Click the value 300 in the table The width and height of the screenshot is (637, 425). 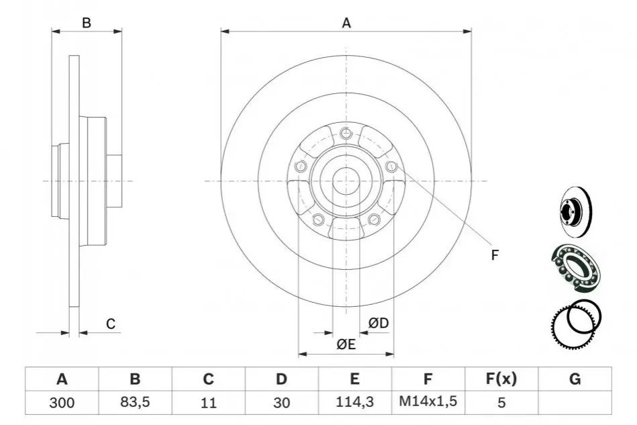click(62, 403)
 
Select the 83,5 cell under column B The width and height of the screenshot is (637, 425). click(135, 402)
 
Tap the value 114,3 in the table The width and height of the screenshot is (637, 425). click(354, 402)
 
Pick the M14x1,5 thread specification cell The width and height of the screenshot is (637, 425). click(428, 402)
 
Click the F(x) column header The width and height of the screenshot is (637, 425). click(501, 379)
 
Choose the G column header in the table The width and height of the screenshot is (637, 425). click(575, 379)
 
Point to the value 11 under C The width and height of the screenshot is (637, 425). click(208, 403)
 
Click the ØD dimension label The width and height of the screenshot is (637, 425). click(378, 323)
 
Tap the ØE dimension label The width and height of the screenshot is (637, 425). click(346, 344)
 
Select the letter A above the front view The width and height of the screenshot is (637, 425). click(346, 23)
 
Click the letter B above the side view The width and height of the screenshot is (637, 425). click(86, 23)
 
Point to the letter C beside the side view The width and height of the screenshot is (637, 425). click(111, 324)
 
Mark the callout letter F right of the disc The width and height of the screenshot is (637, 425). click(495, 255)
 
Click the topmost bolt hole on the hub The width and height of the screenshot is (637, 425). click(346, 132)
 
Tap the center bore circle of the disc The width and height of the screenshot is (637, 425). click(346, 181)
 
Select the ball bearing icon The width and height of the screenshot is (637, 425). click(575, 268)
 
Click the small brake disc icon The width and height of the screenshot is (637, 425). click(576, 211)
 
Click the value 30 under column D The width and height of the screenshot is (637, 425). click(281, 403)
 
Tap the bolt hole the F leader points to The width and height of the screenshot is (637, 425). click(391, 166)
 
